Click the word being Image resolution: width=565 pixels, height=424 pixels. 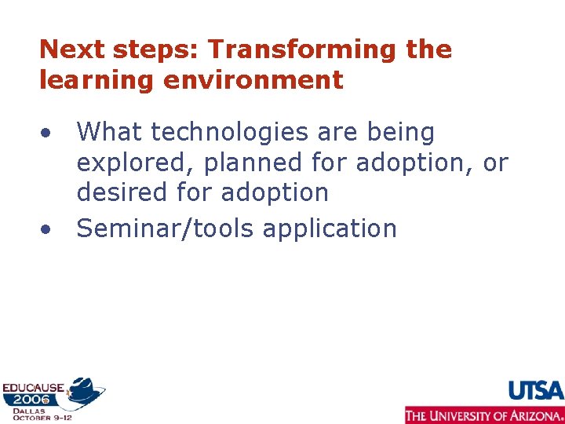point(400,133)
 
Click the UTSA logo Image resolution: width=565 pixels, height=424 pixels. point(536,390)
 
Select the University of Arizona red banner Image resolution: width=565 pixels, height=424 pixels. point(484,415)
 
